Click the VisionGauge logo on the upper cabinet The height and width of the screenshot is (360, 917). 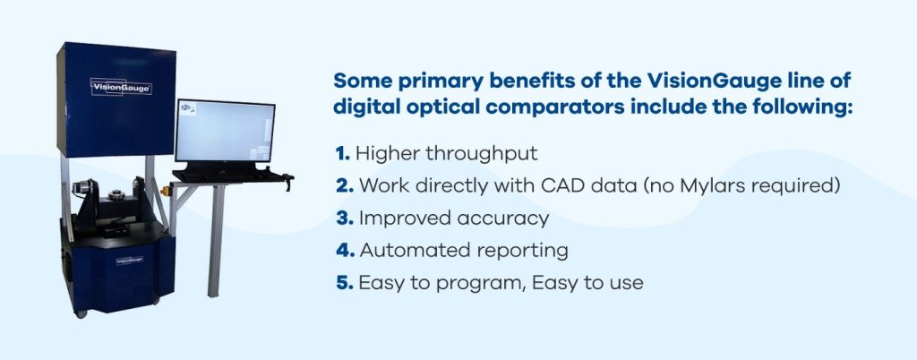[x=121, y=88]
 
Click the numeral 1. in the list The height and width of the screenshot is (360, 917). [x=342, y=153]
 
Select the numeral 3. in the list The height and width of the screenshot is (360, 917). [x=342, y=218]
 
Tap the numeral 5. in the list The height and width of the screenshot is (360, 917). [x=342, y=283]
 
